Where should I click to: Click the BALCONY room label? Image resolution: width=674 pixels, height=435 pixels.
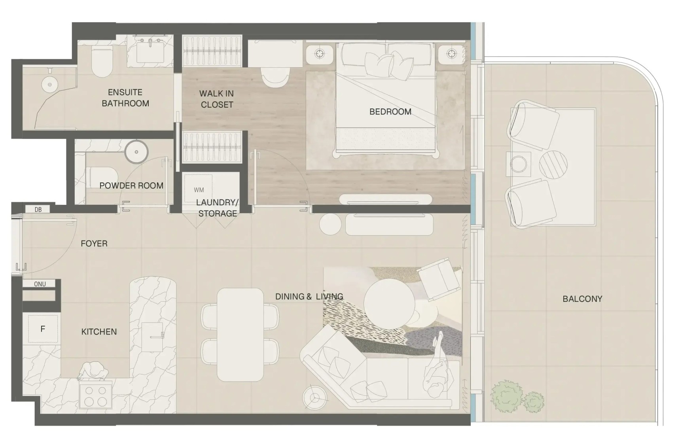click(x=582, y=299)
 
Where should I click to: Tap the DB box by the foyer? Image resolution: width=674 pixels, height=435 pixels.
click(x=38, y=209)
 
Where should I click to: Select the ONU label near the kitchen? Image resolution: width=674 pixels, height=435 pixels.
click(x=40, y=284)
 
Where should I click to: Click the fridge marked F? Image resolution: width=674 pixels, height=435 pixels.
click(x=43, y=329)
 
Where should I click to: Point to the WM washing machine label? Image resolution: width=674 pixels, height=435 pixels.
click(x=199, y=190)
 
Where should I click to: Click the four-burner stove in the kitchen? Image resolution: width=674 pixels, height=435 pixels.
click(x=95, y=395)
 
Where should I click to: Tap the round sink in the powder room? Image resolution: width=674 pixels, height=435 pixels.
click(x=136, y=152)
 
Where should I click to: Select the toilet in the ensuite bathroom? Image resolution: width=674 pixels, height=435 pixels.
click(x=101, y=62)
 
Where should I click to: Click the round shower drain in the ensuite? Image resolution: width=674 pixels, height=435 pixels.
click(x=50, y=85)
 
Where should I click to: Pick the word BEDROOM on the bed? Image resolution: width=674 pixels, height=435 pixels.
click(x=390, y=112)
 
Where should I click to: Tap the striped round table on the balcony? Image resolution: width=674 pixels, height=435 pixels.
click(x=553, y=165)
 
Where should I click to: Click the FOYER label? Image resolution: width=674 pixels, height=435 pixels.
click(x=94, y=243)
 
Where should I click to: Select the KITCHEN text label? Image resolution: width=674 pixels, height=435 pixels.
click(x=99, y=331)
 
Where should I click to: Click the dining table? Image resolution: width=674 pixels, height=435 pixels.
click(x=240, y=335)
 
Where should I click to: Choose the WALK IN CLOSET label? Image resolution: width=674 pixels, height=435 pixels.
click(x=217, y=99)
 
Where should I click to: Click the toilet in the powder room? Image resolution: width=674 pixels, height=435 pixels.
click(x=102, y=178)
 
